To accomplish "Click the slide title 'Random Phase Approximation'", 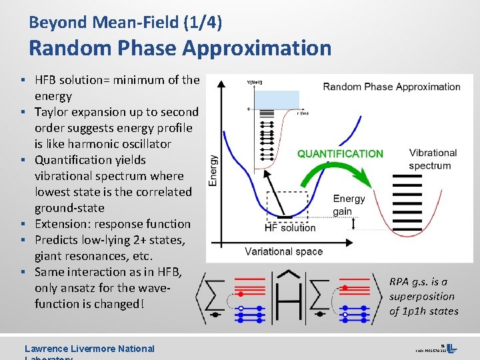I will click(x=180, y=48).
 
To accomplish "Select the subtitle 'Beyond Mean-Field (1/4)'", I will click(x=125, y=22).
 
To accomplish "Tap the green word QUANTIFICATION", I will click(x=340, y=154).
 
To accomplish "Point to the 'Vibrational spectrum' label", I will click(x=433, y=159).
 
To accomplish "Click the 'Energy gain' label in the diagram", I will click(x=349, y=205).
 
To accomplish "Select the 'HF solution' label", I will click(x=290, y=228).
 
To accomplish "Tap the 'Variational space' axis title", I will click(x=283, y=251).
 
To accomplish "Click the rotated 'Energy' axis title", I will click(x=213, y=171).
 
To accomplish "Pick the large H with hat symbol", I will click(x=289, y=297).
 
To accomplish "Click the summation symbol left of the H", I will click(x=213, y=297).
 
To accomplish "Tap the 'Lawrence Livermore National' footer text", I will click(x=89, y=349).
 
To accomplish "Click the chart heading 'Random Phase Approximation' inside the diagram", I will click(x=391, y=87).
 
